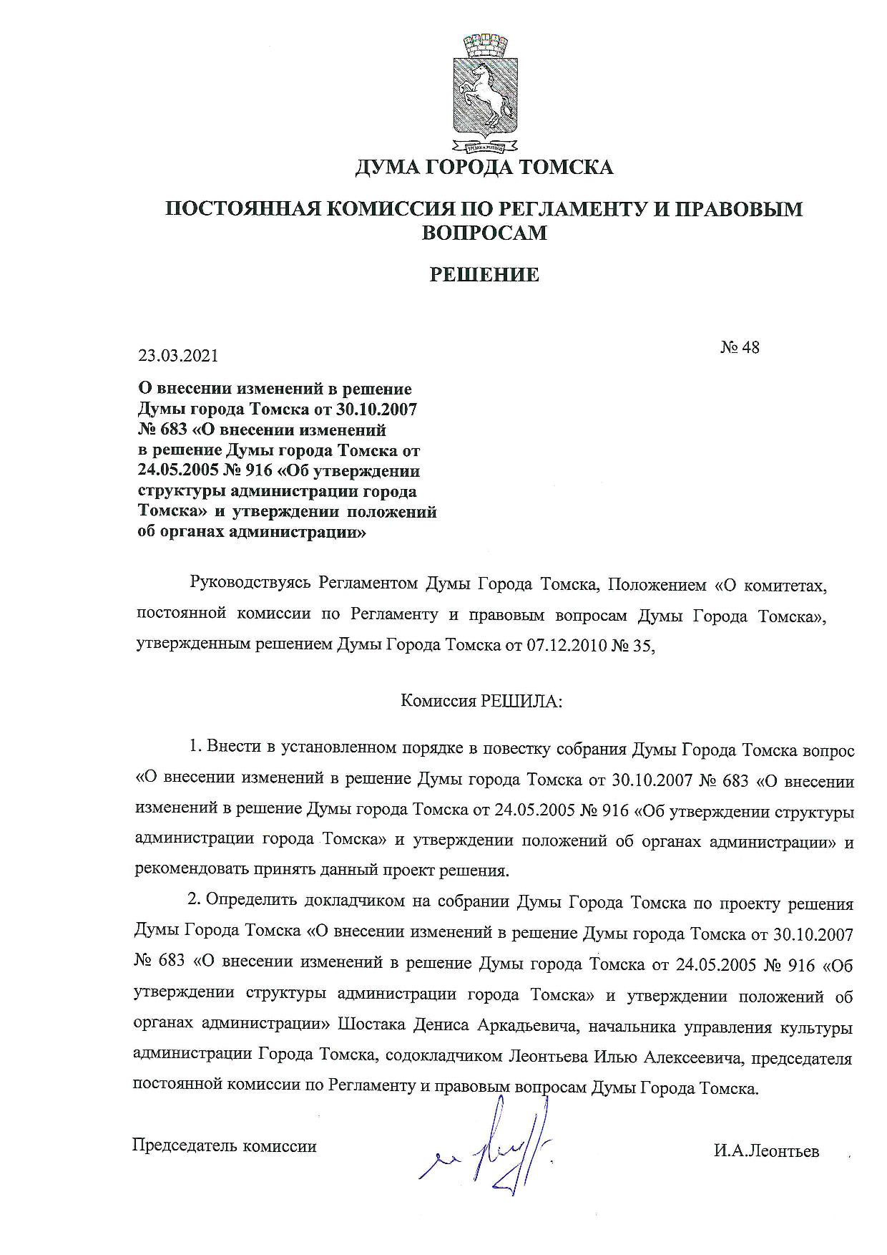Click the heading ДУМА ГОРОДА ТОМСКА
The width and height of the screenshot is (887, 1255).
484,168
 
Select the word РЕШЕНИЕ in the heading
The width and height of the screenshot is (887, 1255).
484,274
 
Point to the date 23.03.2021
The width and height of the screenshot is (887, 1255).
178,356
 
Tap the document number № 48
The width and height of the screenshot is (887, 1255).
739,347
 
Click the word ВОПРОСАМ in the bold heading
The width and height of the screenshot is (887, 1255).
484,233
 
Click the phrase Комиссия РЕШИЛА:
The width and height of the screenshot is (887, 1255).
482,701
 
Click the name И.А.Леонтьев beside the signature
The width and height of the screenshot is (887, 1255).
765,1151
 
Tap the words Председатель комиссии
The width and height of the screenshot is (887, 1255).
225,1145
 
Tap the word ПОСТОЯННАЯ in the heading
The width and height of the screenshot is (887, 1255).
242,209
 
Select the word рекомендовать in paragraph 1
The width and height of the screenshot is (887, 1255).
190,871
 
